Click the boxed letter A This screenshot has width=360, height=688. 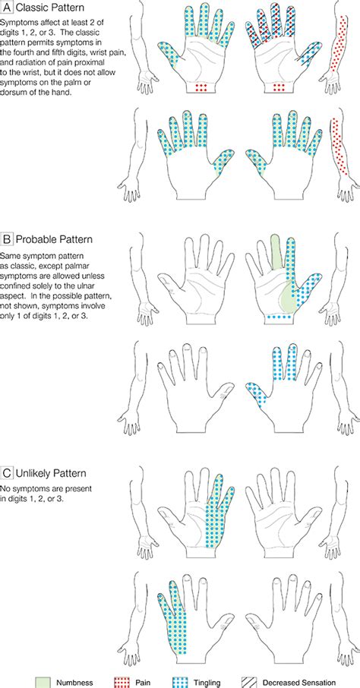click(x=7, y=8)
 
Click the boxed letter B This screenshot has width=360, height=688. click(x=7, y=239)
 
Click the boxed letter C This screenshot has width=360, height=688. click(x=7, y=473)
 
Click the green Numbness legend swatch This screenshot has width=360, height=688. click(x=43, y=683)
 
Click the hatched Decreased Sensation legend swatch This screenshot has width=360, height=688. click(x=250, y=683)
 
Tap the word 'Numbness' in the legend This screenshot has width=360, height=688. click(x=74, y=683)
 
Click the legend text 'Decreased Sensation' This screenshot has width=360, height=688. click(x=299, y=683)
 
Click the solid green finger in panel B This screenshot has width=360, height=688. click(x=276, y=251)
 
